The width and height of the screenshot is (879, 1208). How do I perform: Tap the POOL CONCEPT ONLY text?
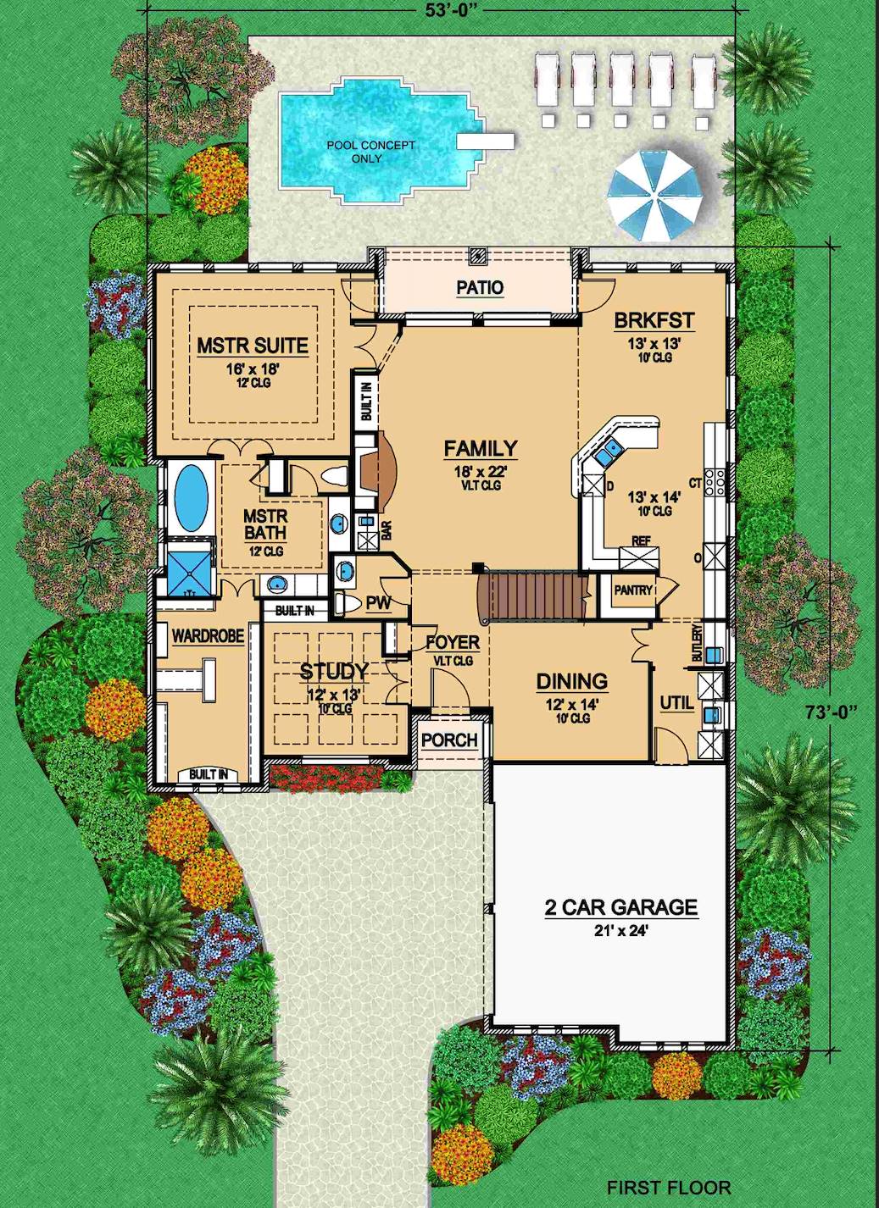click(370, 152)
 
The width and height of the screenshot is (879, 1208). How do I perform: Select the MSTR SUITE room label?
click(253, 346)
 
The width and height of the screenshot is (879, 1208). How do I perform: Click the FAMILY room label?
click(481, 448)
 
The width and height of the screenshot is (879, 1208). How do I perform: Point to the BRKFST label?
click(654, 321)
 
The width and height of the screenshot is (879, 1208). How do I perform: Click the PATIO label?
click(480, 288)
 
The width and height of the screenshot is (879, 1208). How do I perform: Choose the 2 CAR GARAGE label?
click(620, 907)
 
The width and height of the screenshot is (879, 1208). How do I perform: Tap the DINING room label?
click(571, 681)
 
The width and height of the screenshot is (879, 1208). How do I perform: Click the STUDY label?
click(334, 672)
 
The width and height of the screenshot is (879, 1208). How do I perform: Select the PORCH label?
click(449, 740)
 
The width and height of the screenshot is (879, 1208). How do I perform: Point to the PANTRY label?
click(633, 590)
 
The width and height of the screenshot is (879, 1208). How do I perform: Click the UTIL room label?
click(676, 703)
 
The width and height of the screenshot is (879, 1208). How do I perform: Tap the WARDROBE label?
click(208, 635)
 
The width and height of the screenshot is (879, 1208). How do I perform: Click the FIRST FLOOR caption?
click(668, 1188)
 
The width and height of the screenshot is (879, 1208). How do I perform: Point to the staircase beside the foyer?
click(531, 596)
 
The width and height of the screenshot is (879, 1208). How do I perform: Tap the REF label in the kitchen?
click(641, 540)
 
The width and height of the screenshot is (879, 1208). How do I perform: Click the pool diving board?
click(486, 139)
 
